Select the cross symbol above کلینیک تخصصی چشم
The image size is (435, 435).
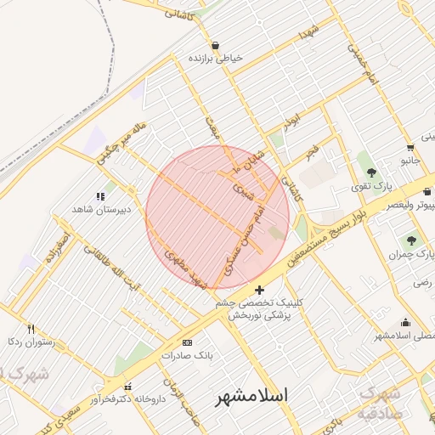[259, 291]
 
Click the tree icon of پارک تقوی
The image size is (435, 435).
[371, 172]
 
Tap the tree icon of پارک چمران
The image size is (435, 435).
[412, 241]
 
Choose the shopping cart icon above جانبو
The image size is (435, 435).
[410, 145]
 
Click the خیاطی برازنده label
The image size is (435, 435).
[216, 59]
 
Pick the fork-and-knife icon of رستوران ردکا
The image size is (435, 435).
[31, 329]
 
